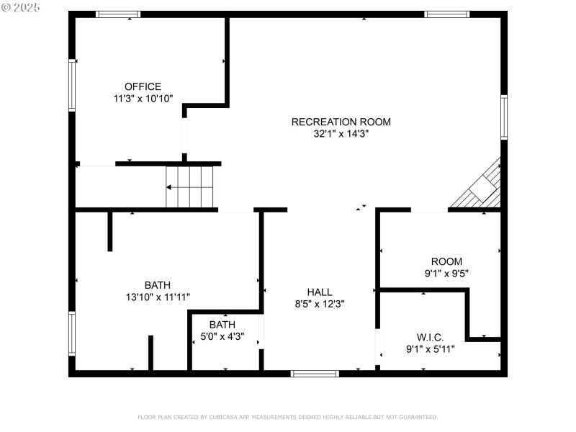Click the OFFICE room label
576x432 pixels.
click(143, 86)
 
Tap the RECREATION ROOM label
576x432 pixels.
click(341, 122)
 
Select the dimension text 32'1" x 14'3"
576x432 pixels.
click(341, 133)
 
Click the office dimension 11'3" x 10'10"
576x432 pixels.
click(143, 99)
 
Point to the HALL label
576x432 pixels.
click(320, 292)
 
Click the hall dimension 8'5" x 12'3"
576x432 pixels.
click(320, 304)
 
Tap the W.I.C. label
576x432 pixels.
click(430, 338)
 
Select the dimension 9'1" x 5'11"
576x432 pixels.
click(430, 350)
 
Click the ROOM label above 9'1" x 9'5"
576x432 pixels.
click(446, 261)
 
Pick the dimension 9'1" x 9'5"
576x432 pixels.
click(446, 274)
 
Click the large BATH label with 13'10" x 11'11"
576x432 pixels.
click(157, 284)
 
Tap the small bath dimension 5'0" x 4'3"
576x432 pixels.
click(222, 336)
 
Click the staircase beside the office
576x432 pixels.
click(190, 187)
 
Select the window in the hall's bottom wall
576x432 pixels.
click(314, 373)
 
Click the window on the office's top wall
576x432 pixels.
click(118, 14)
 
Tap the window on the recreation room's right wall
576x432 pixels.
click(504, 117)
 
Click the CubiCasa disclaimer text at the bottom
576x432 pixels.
click(287, 417)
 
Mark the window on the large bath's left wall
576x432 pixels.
click(72, 333)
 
